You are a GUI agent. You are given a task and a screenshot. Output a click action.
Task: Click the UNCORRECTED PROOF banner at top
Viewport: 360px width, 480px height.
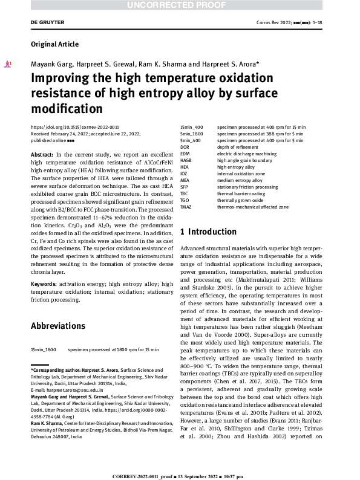[180, 6]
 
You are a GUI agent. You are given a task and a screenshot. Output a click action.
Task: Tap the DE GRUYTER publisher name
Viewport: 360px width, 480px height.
[47, 22]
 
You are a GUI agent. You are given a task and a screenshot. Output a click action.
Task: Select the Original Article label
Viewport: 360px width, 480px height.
[54, 44]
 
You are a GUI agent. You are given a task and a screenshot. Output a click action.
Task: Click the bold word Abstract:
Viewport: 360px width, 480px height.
[41, 155]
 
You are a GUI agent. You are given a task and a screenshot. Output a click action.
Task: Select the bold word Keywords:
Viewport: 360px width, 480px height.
[44, 283]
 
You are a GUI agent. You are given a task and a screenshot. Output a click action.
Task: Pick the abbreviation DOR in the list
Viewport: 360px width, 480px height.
[186, 147]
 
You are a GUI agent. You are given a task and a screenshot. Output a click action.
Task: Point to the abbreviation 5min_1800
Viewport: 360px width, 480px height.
[192, 134]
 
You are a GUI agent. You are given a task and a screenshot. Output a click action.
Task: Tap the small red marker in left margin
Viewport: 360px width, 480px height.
[7, 62]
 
